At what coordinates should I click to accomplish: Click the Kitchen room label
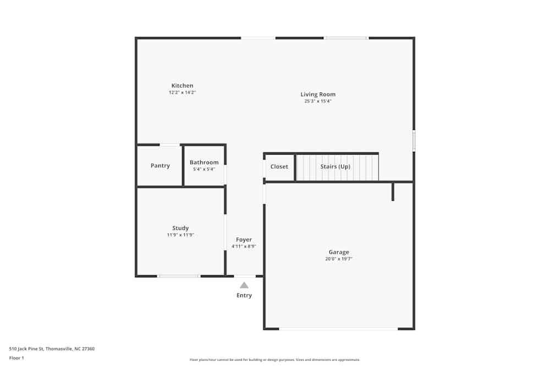(x=182, y=86)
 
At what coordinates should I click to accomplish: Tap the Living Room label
(x=318, y=95)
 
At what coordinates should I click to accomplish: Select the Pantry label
(x=160, y=166)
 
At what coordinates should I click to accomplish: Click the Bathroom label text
(x=204, y=162)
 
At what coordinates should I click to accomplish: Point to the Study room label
(x=180, y=228)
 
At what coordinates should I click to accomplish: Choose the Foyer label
(x=244, y=240)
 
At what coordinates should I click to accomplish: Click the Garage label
(x=339, y=252)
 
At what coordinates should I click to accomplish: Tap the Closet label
(x=279, y=167)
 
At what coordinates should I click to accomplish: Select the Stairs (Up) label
(x=335, y=167)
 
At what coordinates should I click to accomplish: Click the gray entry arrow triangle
(x=244, y=285)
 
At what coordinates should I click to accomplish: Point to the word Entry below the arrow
(x=244, y=295)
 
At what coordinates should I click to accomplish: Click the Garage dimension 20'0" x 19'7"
(x=339, y=259)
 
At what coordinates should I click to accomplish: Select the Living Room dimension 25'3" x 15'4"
(x=318, y=101)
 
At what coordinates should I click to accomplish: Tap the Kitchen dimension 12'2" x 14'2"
(x=182, y=92)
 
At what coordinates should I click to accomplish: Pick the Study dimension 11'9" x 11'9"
(x=180, y=235)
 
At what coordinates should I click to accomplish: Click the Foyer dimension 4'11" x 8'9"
(x=244, y=247)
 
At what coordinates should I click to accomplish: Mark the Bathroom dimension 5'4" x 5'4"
(x=204, y=169)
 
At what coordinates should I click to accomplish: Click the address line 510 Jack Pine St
(x=52, y=348)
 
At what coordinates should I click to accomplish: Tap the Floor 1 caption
(x=17, y=358)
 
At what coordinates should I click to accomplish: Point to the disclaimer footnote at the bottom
(x=275, y=360)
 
